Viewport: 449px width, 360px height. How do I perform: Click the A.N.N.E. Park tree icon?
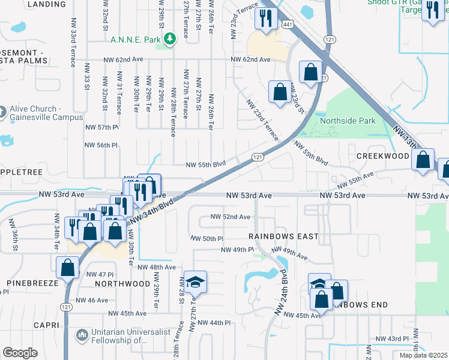(x=171, y=38)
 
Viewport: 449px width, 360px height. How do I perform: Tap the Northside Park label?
(x=348, y=121)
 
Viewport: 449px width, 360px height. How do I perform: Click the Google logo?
(x=20, y=353)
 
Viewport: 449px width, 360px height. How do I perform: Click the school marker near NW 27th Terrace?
(x=195, y=281)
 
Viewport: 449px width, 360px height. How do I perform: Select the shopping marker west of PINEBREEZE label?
(x=67, y=267)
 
